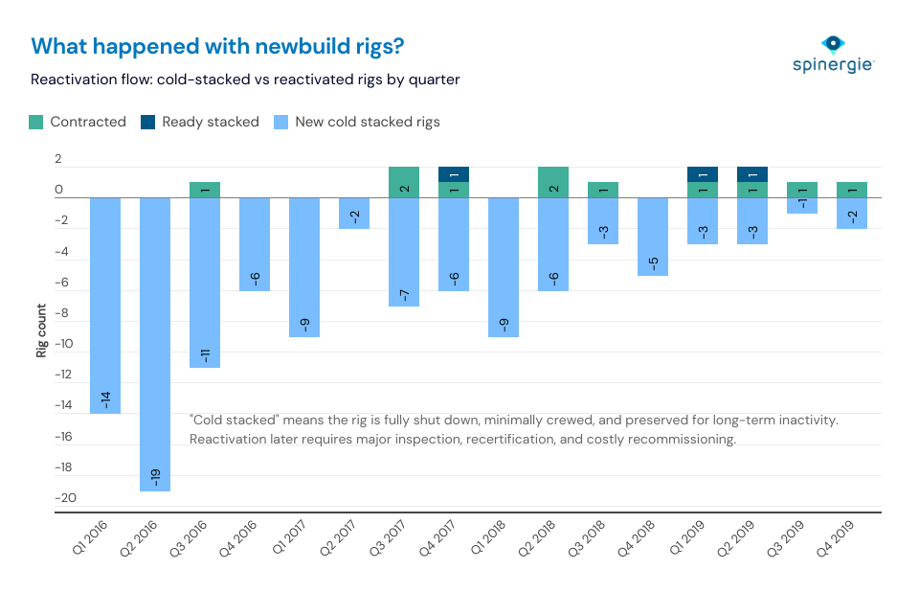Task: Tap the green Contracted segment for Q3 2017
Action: pos(404,182)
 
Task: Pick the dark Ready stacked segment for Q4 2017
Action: pos(454,174)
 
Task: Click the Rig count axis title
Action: pos(42,336)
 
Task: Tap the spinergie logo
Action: pos(833,55)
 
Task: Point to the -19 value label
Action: pos(155,474)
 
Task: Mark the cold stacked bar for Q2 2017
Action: pos(354,213)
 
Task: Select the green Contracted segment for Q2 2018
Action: pos(553,182)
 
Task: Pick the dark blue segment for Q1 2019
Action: pos(703,174)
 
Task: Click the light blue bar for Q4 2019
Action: pos(852,213)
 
